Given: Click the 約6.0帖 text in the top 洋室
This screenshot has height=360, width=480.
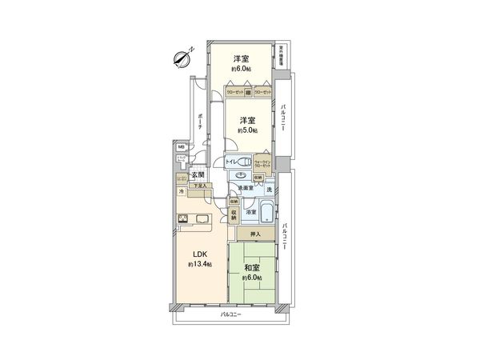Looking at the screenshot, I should click(240, 70).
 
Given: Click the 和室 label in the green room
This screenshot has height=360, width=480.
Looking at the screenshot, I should click(252, 267).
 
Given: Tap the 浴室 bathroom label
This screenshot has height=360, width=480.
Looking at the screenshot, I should click(250, 212).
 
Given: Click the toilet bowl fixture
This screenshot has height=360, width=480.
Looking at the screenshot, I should click(245, 160).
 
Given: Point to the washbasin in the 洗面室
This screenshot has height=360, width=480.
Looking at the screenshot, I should click(241, 178).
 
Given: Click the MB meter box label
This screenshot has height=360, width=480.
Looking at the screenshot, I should click(181, 147).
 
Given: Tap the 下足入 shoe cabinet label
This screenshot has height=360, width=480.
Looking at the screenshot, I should click(198, 186).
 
